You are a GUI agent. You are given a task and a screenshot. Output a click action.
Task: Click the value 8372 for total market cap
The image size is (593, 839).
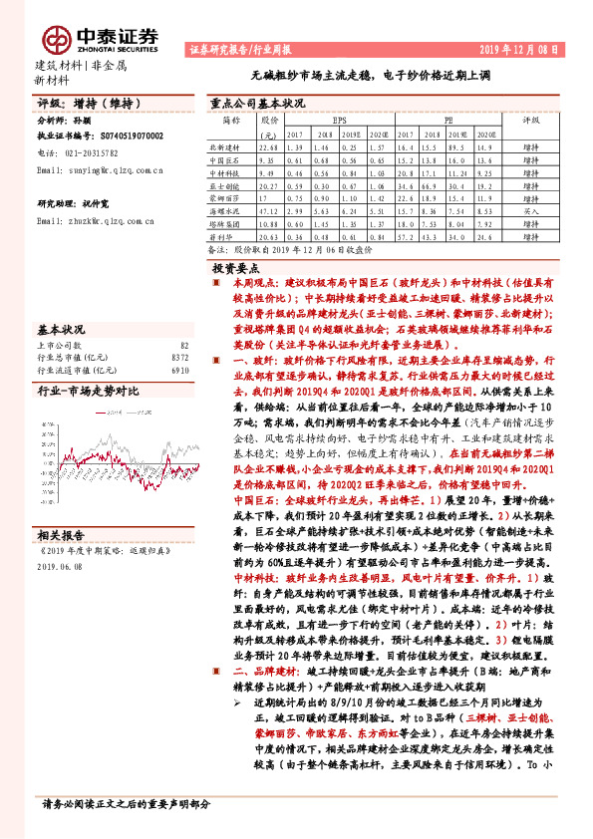coord(179,357)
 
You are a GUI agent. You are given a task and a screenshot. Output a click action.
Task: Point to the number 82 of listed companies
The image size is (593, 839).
coord(183,344)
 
